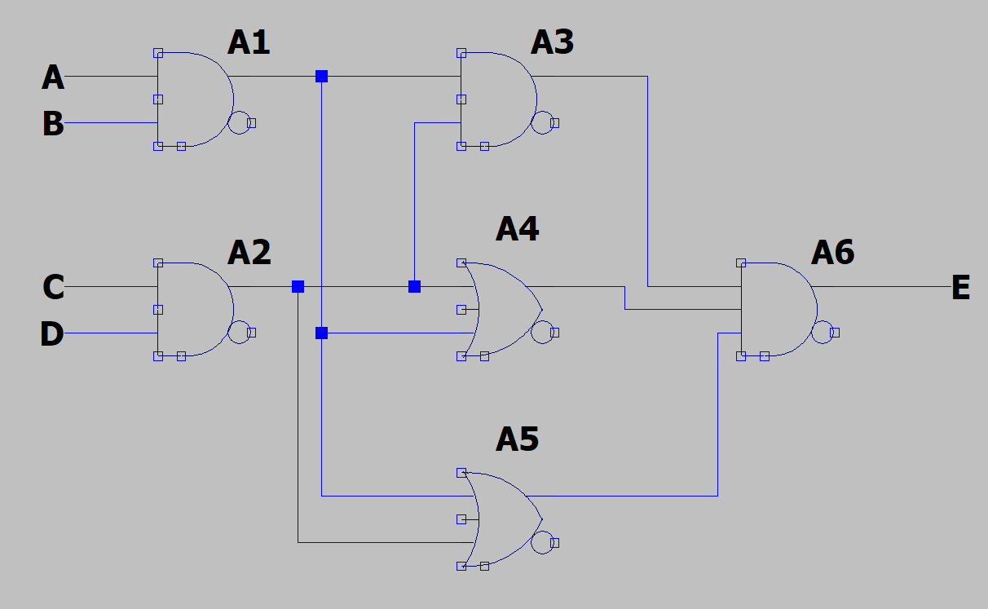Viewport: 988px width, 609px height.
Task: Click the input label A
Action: [53, 77]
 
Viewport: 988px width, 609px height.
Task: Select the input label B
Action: [53, 124]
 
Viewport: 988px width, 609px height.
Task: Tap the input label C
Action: [53, 287]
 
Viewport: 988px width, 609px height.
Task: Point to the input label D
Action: [52, 334]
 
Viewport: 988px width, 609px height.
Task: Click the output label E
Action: [961, 288]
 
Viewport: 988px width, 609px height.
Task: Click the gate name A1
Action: [249, 42]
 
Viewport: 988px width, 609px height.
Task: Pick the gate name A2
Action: [249, 253]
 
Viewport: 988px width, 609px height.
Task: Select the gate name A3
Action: [552, 42]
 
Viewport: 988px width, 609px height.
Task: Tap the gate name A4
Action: [517, 229]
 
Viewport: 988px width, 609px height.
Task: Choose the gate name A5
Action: [517, 439]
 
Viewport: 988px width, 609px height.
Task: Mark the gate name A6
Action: [832, 253]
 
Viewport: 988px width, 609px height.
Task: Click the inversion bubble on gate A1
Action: [239, 122]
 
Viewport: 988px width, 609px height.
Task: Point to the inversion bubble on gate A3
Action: [542, 122]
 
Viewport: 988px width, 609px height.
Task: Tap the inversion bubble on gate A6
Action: [823, 333]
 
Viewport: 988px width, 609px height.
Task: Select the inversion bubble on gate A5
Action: [542, 542]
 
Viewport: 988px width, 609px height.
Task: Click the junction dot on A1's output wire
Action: [321, 77]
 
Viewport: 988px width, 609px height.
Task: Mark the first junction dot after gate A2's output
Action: [298, 286]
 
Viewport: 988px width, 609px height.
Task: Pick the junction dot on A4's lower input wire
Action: [321, 333]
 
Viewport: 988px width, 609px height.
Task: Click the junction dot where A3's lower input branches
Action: [414, 286]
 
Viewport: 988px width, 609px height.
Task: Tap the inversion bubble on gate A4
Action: [542, 332]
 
